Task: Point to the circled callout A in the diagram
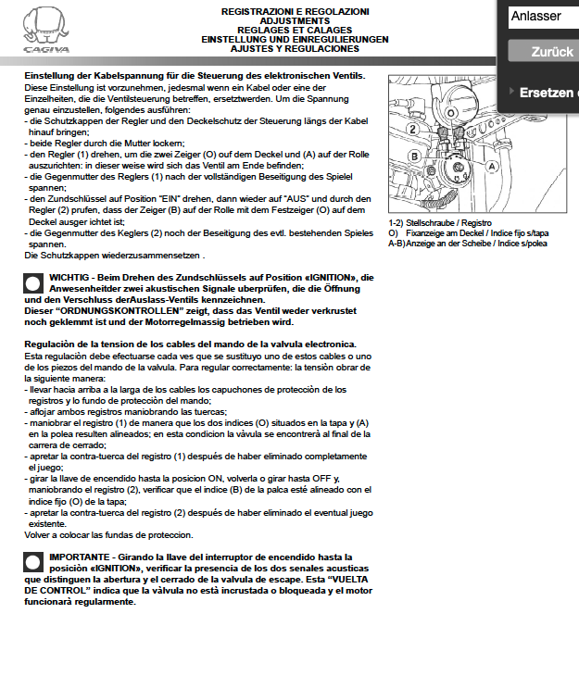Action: (x=492, y=165)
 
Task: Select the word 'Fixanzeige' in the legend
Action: (x=427, y=234)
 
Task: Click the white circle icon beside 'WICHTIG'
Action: (x=33, y=284)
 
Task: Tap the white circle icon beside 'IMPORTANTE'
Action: (x=33, y=564)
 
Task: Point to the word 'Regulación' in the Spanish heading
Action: (x=52, y=344)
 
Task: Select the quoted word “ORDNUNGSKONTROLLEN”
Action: (x=104, y=311)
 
